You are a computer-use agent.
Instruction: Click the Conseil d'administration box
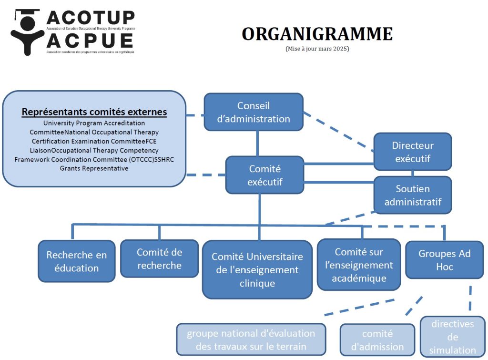[254, 112]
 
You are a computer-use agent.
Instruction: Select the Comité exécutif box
[264, 175]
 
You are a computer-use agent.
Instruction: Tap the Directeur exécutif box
[412, 152]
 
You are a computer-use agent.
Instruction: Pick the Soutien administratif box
[413, 195]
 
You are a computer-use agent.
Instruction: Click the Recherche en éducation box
[76, 261]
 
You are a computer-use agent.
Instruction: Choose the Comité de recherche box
[159, 258]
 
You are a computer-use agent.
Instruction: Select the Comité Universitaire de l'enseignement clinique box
[257, 270]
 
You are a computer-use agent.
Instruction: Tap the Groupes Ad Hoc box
[444, 260]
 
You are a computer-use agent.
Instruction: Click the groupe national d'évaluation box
[251, 339]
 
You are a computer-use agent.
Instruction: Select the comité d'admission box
[377, 340]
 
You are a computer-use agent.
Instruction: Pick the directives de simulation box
[452, 337]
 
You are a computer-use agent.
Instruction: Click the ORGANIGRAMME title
[317, 34]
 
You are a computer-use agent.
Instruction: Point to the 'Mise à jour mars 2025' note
[317, 49]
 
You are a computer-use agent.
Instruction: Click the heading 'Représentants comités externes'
[94, 112]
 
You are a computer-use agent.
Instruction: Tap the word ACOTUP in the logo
[91, 17]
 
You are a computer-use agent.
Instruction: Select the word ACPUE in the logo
[91, 40]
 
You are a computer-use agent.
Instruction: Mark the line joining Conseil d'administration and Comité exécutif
[258, 143]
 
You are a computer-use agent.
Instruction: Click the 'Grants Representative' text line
[94, 168]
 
